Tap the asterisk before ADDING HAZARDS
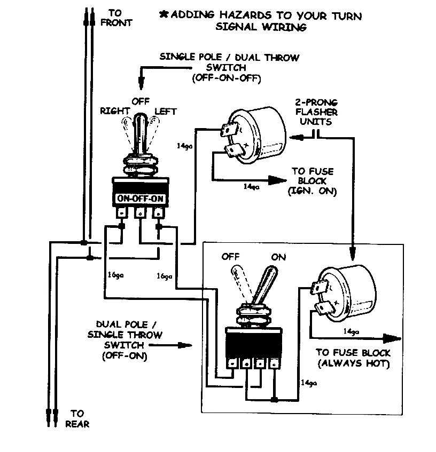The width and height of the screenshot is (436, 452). tap(163, 14)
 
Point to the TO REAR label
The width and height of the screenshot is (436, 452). tap(77, 418)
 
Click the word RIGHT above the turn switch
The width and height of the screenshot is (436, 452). tap(113, 111)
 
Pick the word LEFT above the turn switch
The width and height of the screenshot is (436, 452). tap(165, 111)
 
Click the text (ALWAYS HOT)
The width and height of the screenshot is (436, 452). tap(353, 364)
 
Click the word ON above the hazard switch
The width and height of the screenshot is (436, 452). tap(278, 257)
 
